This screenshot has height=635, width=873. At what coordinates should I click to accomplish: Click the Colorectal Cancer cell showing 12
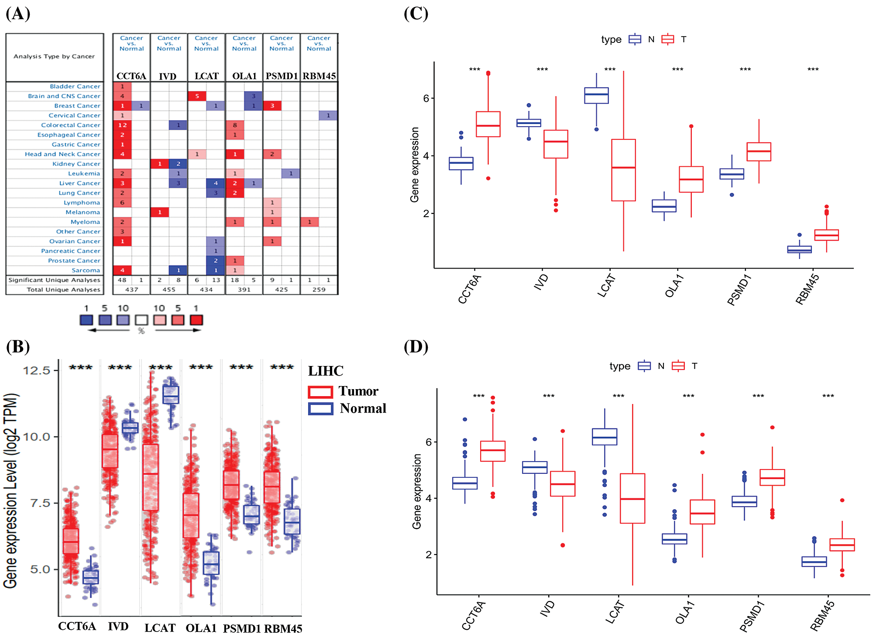(122, 125)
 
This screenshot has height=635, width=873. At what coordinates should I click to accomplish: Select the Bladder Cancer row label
(75, 86)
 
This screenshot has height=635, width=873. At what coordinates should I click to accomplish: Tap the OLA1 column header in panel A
(244, 76)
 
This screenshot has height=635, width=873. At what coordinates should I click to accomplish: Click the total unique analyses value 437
(131, 290)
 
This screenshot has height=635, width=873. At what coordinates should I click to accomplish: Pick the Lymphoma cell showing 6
(122, 203)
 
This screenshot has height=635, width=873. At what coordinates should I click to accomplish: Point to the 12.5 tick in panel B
(37, 371)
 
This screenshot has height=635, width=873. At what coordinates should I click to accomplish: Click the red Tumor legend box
(320, 392)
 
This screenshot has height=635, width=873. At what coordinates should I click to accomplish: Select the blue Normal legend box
(320, 409)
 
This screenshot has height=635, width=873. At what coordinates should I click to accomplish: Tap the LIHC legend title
(326, 371)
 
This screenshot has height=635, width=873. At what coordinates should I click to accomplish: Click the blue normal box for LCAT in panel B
(171, 395)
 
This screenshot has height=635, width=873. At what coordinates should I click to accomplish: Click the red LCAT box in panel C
(623, 170)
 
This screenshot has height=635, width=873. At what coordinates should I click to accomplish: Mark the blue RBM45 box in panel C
(799, 249)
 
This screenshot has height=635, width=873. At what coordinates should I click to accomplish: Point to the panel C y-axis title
(415, 165)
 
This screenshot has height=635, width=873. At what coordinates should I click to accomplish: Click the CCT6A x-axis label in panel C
(469, 289)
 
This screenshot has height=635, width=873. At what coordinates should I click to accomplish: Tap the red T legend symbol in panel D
(678, 366)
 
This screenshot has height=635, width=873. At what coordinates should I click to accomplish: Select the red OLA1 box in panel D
(702, 512)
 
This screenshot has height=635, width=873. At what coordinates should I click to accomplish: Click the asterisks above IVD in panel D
(549, 396)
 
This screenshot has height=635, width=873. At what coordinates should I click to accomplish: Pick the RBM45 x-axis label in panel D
(822, 616)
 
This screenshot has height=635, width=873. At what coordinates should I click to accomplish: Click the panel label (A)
(18, 14)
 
